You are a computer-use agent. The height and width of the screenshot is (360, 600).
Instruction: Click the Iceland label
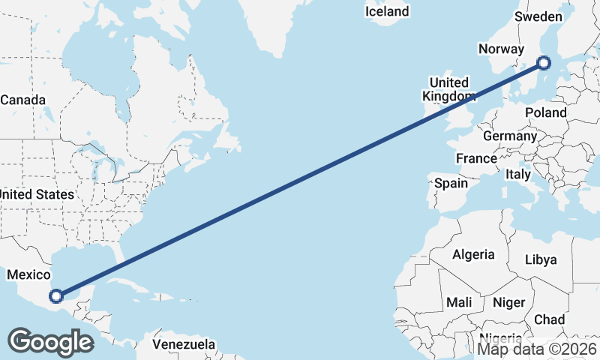[x=387, y=11]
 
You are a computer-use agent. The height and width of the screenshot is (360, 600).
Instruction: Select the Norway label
[x=501, y=49]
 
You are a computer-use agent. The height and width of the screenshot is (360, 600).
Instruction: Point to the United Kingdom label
[x=448, y=89]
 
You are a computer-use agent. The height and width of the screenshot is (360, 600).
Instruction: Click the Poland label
[x=546, y=112]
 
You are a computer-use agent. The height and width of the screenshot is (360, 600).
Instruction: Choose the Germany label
[x=510, y=136]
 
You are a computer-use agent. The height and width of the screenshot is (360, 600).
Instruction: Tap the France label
[x=476, y=158]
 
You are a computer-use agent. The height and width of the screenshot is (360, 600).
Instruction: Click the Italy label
[x=517, y=174]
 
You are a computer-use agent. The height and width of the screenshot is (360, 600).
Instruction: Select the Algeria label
[x=473, y=254]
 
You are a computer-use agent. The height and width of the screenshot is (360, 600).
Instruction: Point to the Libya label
[x=541, y=260]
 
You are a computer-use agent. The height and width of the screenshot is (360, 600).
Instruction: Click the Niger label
[x=508, y=302]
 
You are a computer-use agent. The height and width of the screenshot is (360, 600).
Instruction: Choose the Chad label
[x=550, y=319]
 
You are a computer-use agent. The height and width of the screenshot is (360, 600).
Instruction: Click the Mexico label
[x=28, y=275]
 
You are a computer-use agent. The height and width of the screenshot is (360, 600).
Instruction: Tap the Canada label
[x=22, y=100]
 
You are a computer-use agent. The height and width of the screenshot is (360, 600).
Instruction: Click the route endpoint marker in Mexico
[x=56, y=295]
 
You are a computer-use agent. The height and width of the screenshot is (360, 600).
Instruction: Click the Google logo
[x=50, y=342]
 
